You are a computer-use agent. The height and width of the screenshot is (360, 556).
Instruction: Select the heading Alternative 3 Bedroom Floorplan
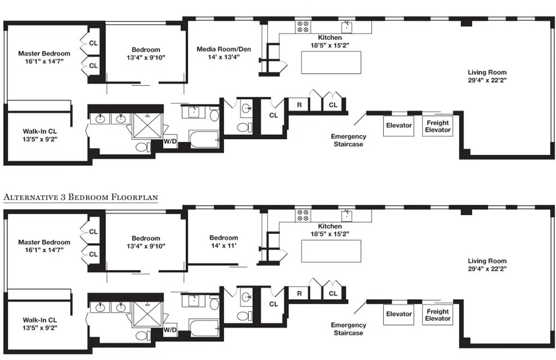[81, 197]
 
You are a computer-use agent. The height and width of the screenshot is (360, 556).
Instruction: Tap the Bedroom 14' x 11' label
[224, 242]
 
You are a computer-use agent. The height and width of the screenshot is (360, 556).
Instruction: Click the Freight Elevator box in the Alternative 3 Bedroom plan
[438, 315]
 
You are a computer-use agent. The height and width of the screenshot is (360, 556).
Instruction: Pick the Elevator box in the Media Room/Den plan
[399, 126]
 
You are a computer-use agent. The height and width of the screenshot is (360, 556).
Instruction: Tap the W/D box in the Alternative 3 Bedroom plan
[170, 330]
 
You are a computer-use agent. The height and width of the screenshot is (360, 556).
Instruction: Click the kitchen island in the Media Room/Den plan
[331, 62]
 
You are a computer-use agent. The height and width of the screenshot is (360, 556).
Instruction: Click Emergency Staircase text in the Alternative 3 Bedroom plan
[348, 329]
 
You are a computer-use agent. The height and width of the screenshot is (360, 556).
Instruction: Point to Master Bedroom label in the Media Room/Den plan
[44, 57]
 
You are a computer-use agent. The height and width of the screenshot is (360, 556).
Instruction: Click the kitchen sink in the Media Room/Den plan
[347, 27]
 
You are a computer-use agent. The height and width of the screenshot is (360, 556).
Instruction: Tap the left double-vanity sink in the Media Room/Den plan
[99, 119]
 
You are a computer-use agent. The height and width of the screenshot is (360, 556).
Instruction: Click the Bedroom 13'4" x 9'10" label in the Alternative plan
[146, 242]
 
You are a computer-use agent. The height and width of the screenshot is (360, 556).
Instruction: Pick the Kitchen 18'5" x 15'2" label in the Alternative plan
[330, 230]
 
